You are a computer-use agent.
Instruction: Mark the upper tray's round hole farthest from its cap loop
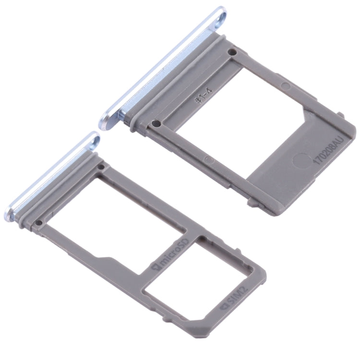(x=154, y=124)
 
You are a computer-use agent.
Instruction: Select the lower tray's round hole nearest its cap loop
(x=101, y=167)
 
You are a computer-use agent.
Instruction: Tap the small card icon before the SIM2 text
(x=223, y=306)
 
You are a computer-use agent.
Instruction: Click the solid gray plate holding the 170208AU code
(x=293, y=173)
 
